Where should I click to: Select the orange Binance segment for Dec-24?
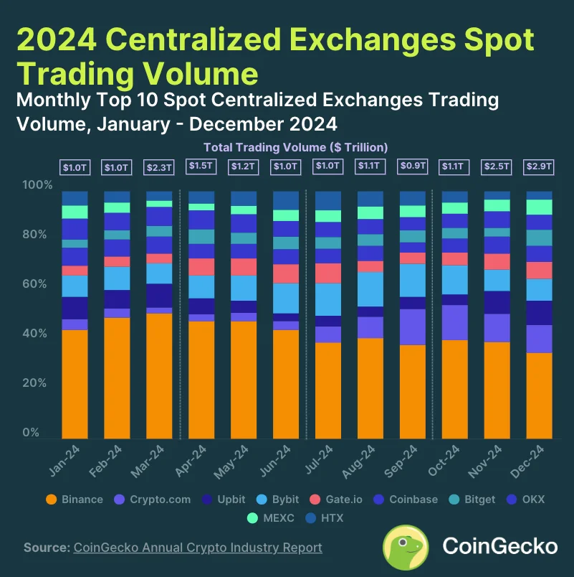[x=540, y=395]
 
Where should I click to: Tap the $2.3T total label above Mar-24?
[x=159, y=166]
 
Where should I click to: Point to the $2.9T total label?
[x=540, y=166]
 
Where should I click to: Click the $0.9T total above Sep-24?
[x=413, y=166]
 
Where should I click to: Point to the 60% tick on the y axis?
[x=38, y=284]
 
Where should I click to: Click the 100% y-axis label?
[x=37, y=185]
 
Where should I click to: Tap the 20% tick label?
[x=38, y=383]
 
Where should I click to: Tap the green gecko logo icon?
[x=406, y=546]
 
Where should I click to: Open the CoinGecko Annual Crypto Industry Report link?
[x=198, y=548]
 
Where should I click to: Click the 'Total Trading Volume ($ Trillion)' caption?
[x=296, y=147]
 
